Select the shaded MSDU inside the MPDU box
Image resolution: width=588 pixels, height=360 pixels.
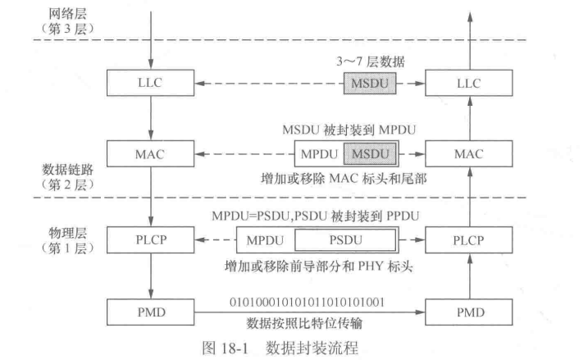pyautogui.click(x=370, y=154)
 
